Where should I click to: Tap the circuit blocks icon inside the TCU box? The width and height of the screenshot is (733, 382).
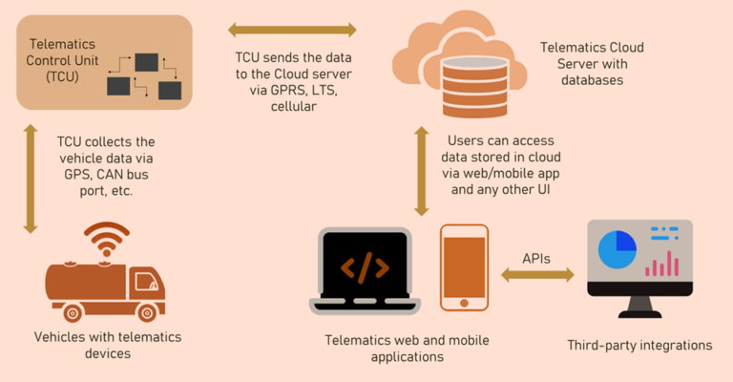pyautogui.click(x=144, y=76)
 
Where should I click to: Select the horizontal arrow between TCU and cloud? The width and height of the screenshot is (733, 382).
pyautogui.click(x=291, y=30)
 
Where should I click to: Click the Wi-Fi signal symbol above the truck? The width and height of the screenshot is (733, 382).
pyautogui.click(x=107, y=238)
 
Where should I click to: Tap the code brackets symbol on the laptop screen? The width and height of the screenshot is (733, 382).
pyautogui.click(x=365, y=268)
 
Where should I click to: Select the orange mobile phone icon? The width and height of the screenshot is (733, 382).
pyautogui.click(x=464, y=267)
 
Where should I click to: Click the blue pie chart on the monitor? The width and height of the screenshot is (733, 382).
pyautogui.click(x=617, y=250)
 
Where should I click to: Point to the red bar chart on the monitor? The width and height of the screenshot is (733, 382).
pyautogui.click(x=661, y=264)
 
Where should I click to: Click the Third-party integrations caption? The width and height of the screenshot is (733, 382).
pyautogui.click(x=639, y=345)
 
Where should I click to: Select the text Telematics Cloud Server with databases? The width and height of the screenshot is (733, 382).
pyautogui.click(x=581, y=63)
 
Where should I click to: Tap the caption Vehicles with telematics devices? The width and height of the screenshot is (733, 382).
pyautogui.click(x=107, y=345)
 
